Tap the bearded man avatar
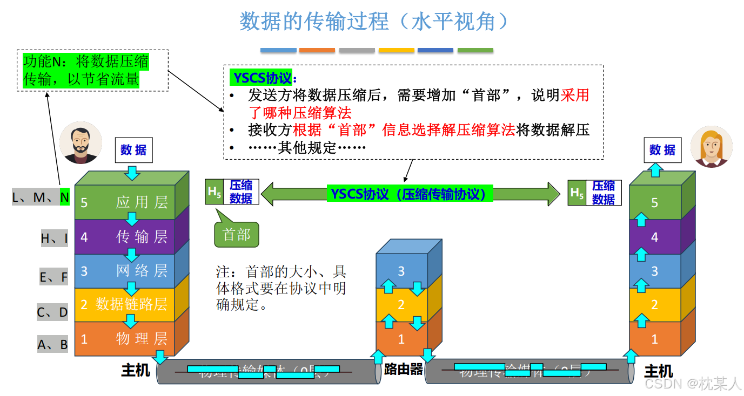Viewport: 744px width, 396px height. tap(81, 142)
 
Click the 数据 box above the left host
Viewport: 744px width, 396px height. tap(133, 150)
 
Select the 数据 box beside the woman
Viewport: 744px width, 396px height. tap(662, 150)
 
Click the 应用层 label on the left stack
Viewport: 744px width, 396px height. tap(142, 202)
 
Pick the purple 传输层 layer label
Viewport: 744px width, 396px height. tap(142, 236)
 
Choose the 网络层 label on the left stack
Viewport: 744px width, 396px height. tap(142, 270)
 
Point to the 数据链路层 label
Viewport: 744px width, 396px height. tap(131, 304)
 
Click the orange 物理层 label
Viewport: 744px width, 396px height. tap(142, 339)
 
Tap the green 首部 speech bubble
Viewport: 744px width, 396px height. tap(237, 235)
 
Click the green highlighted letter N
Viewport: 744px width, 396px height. tap(65, 197)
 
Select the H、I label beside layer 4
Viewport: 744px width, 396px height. tap(55, 238)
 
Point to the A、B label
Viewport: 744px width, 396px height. tap(52, 344)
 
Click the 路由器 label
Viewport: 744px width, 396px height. tap(403, 370)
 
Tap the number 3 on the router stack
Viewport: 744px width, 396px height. tap(401, 271)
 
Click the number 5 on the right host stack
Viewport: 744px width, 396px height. tap(654, 203)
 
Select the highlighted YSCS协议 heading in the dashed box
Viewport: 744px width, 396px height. tap(262, 78)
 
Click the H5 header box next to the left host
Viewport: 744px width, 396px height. tap(215, 193)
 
